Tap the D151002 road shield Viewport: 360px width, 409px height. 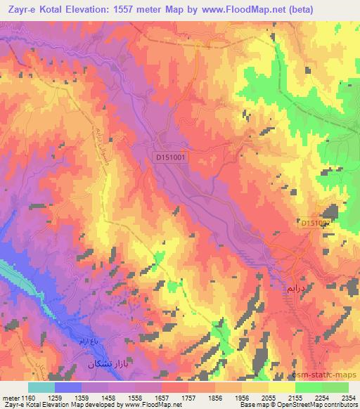tap(316, 223)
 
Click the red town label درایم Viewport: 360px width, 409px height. tap(296, 288)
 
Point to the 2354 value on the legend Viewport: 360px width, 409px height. tap(348, 397)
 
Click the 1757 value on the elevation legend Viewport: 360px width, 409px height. tap(188, 397)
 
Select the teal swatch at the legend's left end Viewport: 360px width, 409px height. tap(41, 387)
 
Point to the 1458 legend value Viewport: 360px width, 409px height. tap(108, 397)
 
